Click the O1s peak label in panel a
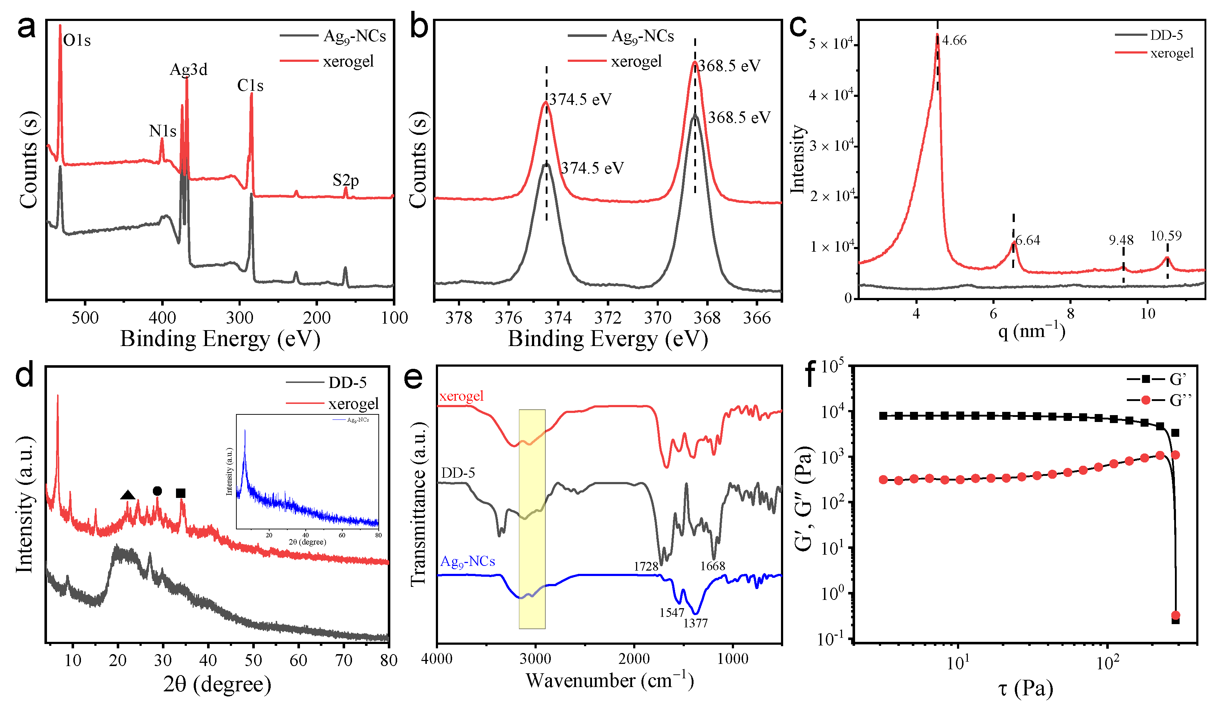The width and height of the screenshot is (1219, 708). pyautogui.click(x=77, y=40)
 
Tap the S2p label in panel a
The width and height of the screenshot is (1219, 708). pyautogui.click(x=345, y=180)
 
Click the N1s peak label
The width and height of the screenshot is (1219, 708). pyautogui.click(x=163, y=131)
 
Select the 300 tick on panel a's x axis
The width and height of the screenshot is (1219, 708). pyautogui.click(x=240, y=317)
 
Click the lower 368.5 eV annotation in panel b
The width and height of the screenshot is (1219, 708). pyautogui.click(x=739, y=117)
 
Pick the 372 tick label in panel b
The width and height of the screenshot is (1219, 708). pyautogui.click(x=608, y=317)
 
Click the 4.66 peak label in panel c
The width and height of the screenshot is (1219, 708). pyautogui.click(x=954, y=40)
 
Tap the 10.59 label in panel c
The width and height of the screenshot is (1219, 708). pyautogui.click(x=1166, y=236)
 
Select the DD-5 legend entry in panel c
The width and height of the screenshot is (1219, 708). pyautogui.click(x=1166, y=35)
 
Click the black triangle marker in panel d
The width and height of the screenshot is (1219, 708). pyautogui.click(x=127, y=495)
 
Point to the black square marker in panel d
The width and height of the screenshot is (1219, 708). pyautogui.click(x=180, y=493)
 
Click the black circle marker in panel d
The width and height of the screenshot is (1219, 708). pyautogui.click(x=157, y=491)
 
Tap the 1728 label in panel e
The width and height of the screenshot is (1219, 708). pyautogui.click(x=646, y=566)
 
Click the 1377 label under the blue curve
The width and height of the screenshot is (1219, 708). pyautogui.click(x=695, y=623)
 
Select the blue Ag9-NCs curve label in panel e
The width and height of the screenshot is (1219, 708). pyautogui.click(x=467, y=561)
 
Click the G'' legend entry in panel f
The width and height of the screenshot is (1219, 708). pyautogui.click(x=1179, y=400)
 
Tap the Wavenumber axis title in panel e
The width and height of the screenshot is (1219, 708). pyautogui.click(x=609, y=681)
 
